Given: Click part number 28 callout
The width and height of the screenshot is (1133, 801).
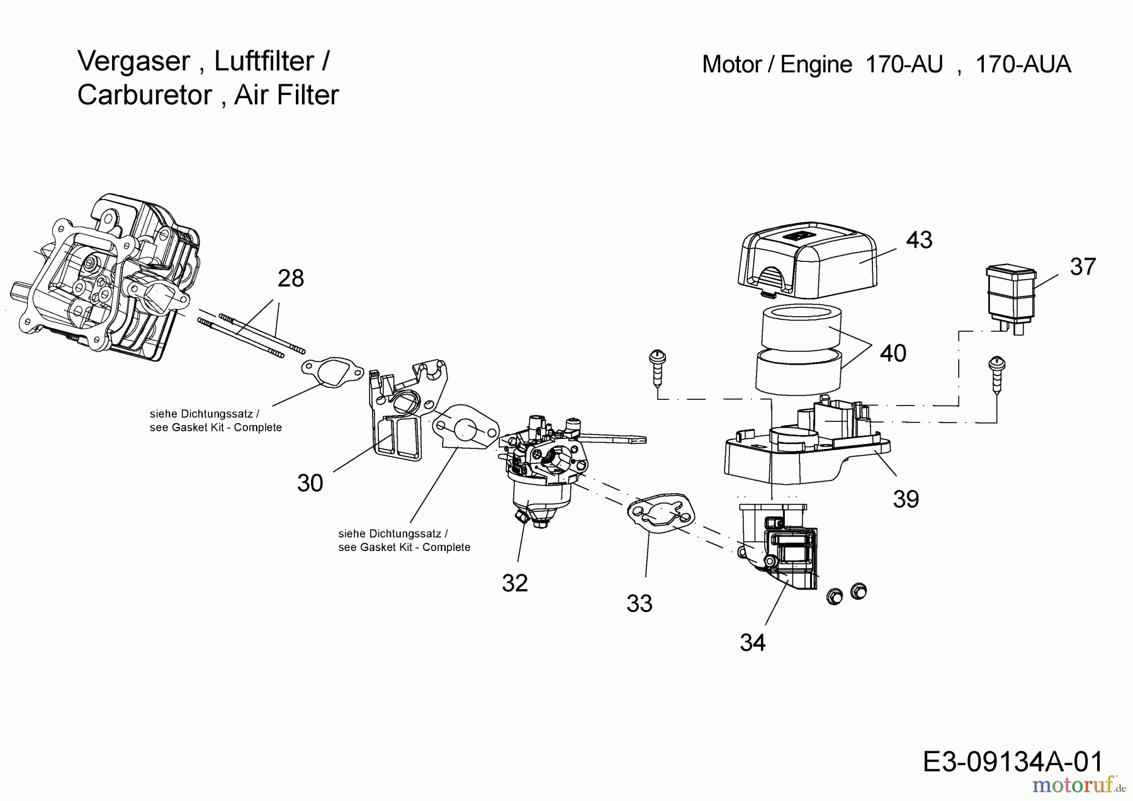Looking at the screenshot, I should pyautogui.click(x=291, y=278).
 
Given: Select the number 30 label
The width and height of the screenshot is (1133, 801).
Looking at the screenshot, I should pyautogui.click(x=310, y=483).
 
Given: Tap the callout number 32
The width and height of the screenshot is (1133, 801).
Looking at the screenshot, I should pyautogui.click(x=515, y=583).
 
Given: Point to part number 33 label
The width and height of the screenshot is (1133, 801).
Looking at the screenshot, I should pyautogui.click(x=640, y=604).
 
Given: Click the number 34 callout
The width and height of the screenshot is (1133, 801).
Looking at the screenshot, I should pyautogui.click(x=753, y=643).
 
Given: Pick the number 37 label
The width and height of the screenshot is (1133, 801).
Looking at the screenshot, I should pyautogui.click(x=1083, y=267).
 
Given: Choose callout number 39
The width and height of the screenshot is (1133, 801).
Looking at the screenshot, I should pyautogui.click(x=906, y=499).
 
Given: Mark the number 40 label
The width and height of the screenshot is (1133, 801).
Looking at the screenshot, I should pyautogui.click(x=893, y=353).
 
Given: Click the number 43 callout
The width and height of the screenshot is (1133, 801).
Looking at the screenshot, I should pyautogui.click(x=919, y=240).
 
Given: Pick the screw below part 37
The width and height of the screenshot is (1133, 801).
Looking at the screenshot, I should pyautogui.click(x=997, y=375).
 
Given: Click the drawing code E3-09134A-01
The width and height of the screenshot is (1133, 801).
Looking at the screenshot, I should pyautogui.click(x=1013, y=762).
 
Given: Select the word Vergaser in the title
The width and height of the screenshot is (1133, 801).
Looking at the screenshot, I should pyautogui.click(x=133, y=62).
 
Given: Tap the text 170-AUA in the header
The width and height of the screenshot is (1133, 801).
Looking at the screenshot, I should pyautogui.click(x=1023, y=65).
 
